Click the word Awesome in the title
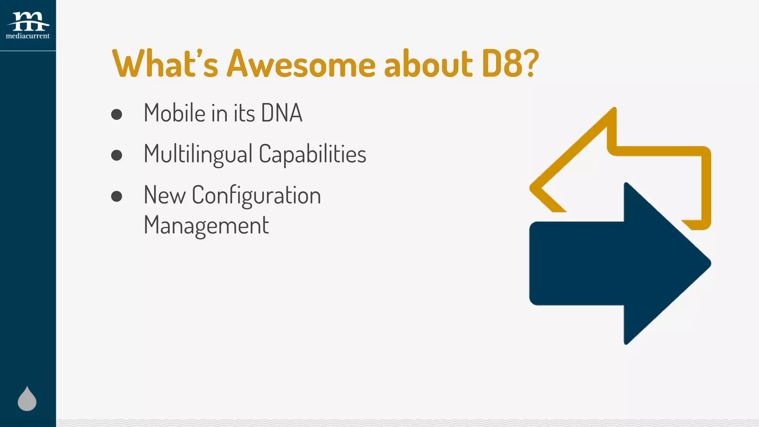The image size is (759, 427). click(301, 64)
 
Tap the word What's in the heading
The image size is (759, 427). click(165, 64)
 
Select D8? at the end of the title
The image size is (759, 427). click(510, 64)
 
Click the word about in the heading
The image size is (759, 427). click(428, 64)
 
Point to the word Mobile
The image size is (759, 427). click(175, 113)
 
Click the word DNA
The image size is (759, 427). click(282, 113)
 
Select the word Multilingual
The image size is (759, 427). click(198, 154)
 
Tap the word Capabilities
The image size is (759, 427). click(312, 154)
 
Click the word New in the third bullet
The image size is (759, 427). click(165, 195)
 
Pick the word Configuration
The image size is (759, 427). click(256, 195)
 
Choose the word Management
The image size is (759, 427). click(206, 225)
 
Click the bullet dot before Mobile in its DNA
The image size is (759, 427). click(117, 114)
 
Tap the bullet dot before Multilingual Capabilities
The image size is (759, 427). click(117, 155)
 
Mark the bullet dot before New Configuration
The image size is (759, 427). click(117, 196)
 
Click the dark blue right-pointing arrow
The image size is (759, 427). click(615, 264)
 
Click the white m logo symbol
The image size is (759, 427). click(28, 21)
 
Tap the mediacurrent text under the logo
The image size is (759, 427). click(28, 36)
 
